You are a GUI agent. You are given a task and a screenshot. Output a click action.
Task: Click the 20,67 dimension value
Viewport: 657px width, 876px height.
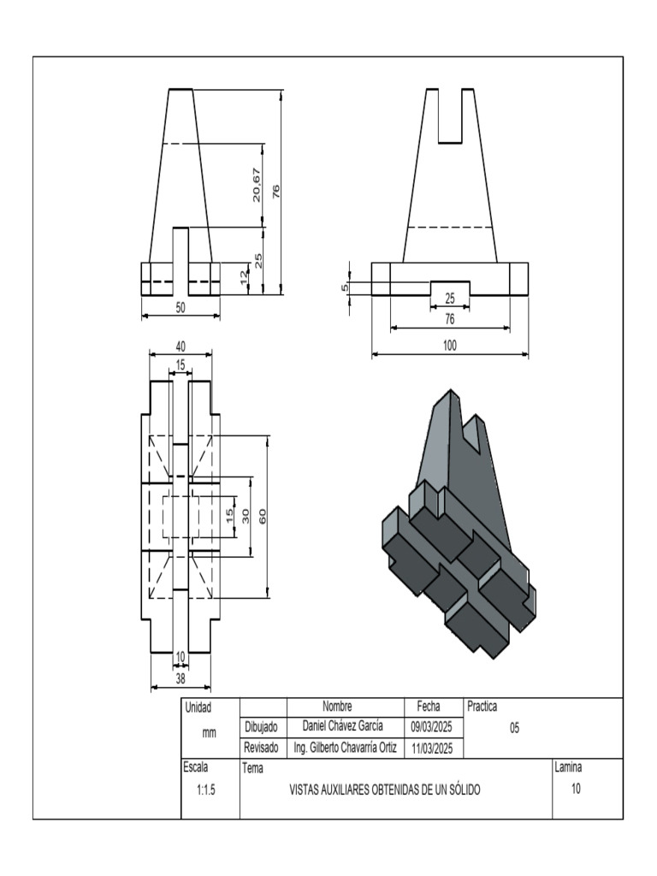tap(257, 185)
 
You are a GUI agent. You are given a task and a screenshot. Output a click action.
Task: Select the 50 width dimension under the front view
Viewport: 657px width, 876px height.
tap(181, 309)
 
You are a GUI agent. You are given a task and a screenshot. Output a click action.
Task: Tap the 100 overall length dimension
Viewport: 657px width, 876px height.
tap(450, 346)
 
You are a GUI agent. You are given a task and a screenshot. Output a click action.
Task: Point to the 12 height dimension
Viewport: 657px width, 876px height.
tap(244, 278)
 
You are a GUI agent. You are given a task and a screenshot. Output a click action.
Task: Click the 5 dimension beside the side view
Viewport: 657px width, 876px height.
tap(345, 287)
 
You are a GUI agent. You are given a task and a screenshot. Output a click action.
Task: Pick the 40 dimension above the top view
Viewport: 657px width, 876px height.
tap(181, 346)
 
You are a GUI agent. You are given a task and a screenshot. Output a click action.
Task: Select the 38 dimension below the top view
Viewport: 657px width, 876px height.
tap(181, 678)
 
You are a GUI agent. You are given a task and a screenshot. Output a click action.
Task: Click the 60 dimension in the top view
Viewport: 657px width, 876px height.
tap(263, 516)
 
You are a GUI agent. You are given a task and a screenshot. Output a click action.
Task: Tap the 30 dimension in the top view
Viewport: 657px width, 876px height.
tap(246, 516)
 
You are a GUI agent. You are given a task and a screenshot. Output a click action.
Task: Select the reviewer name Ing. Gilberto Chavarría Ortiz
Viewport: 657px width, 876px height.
tap(345, 748)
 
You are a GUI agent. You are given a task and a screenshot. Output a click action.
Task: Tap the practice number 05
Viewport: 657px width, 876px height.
tap(515, 728)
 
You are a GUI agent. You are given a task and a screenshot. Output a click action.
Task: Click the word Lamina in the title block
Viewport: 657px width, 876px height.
tap(568, 767)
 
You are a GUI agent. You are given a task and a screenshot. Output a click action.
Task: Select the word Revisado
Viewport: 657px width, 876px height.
tap(262, 748)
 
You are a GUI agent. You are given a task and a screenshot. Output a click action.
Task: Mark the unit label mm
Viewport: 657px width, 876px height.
tap(209, 733)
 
